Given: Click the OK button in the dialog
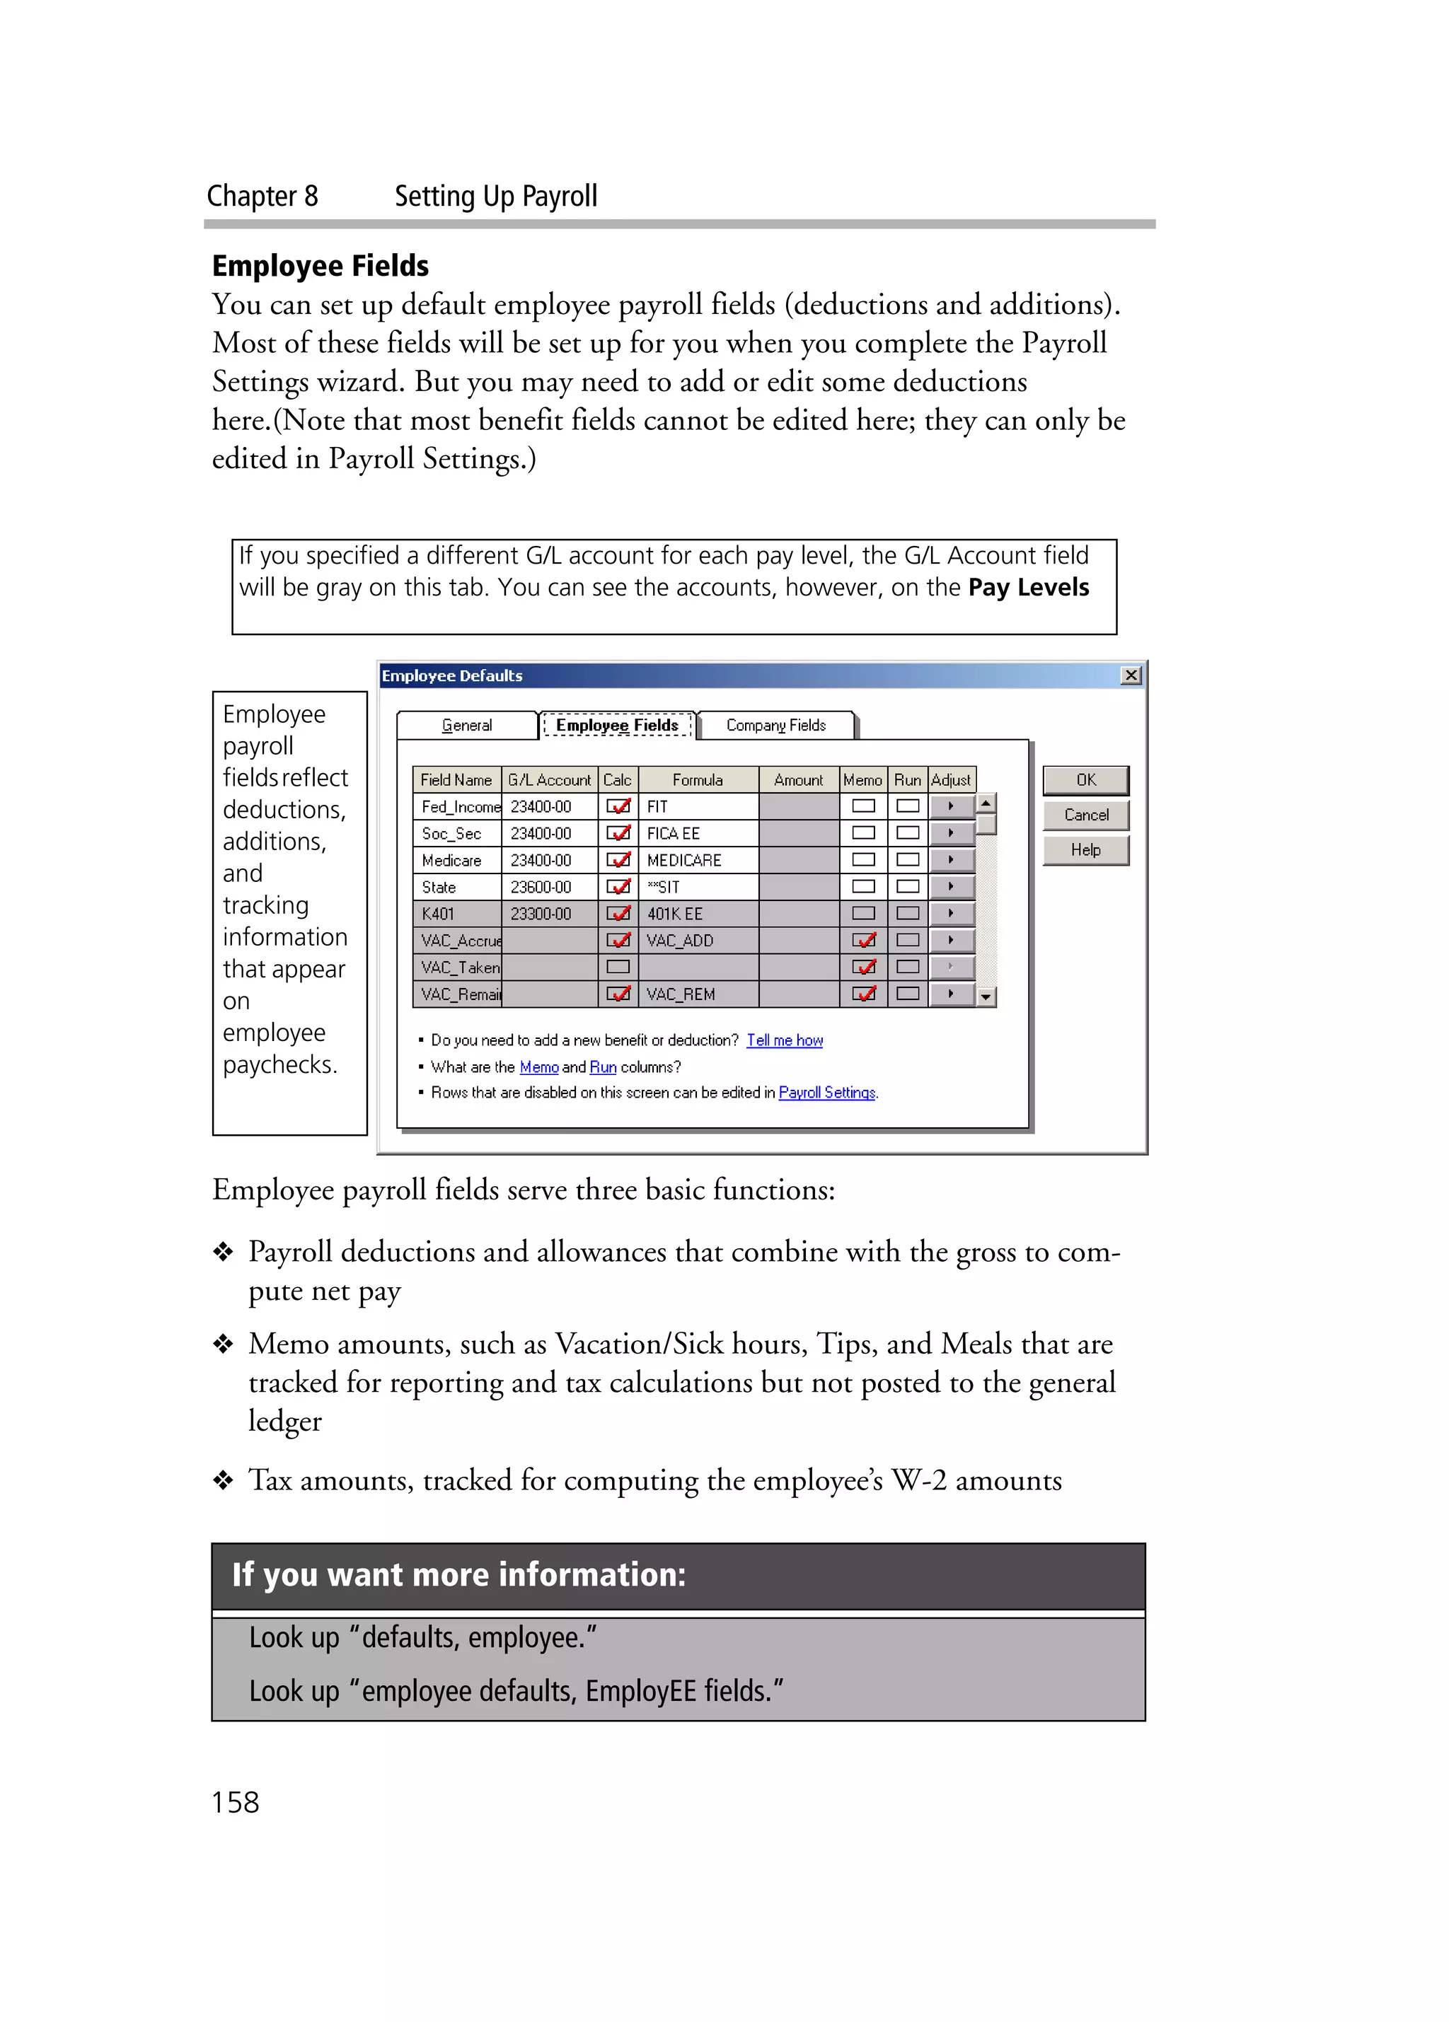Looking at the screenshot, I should [1085, 780].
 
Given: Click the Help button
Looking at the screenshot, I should [1085, 849].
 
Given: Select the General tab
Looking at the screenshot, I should [466, 725].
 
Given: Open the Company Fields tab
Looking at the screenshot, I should [775, 725].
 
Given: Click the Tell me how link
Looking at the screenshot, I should [785, 1040].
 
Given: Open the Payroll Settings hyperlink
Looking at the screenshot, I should [826, 1092].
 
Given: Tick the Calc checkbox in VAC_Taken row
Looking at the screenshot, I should [618, 966].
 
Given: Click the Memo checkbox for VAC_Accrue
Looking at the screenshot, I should [863, 940].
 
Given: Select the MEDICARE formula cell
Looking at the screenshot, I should [698, 860].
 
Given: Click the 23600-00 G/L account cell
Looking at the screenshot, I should [548, 887].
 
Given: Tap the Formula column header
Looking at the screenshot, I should [698, 780].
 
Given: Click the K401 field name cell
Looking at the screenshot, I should [456, 914].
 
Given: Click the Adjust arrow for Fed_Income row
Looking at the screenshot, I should [950, 806].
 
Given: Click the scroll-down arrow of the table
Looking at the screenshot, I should [986, 997].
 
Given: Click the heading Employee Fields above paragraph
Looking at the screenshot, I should [320, 266].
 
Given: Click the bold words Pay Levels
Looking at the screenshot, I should [1028, 588].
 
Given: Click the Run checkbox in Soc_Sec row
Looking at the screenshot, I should [908, 832].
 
